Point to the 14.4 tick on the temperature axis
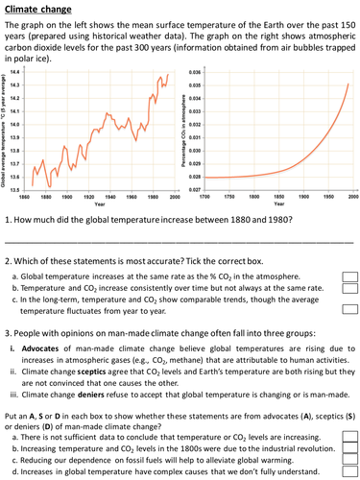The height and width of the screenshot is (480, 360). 13,72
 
